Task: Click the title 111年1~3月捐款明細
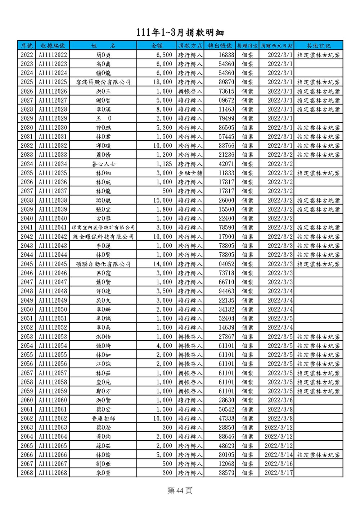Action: coord(180,33)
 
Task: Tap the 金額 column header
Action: coord(157,46)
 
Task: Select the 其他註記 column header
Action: coord(318,46)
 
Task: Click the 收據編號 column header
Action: coord(53,46)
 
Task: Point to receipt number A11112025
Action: coord(53,82)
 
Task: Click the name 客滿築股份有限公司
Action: coord(103,82)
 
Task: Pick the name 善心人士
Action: coord(103,164)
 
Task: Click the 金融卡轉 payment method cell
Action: coord(190,173)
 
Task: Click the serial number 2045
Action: coord(27,264)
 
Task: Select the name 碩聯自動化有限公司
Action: coord(103,264)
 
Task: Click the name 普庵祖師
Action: coord(103,418)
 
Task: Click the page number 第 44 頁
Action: coord(180,490)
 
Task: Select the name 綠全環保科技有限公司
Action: coord(103,237)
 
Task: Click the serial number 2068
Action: coord(27,473)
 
